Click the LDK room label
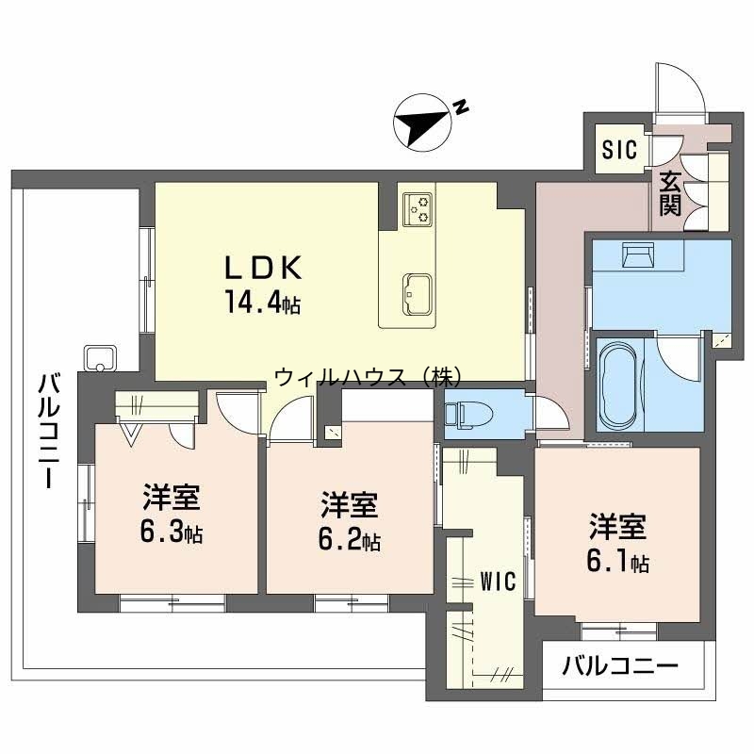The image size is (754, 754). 262,269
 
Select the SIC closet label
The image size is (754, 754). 620,149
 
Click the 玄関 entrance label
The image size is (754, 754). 670,193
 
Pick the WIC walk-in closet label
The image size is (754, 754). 498,581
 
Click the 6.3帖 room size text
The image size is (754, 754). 172,533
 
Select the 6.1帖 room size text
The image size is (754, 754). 617,562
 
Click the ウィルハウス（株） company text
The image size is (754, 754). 368,378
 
